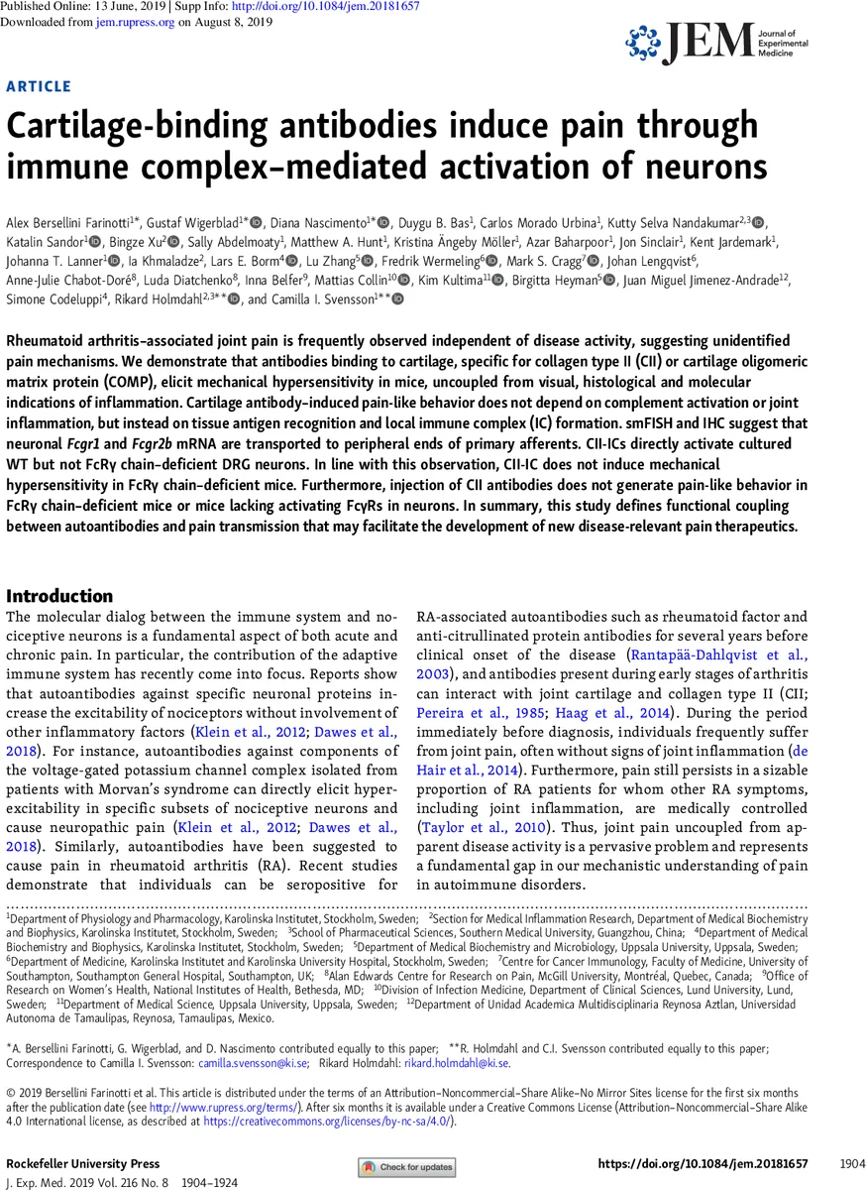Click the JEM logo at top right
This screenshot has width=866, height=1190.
coord(715,45)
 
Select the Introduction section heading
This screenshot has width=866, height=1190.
coord(59,596)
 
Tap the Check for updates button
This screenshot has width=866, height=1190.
coord(407,1167)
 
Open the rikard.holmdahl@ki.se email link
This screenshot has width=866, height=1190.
coord(457,1063)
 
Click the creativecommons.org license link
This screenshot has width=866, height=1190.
coord(327,1121)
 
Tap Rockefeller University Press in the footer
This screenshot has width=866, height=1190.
coord(82,1163)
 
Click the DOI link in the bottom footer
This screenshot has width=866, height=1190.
coord(704,1163)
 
